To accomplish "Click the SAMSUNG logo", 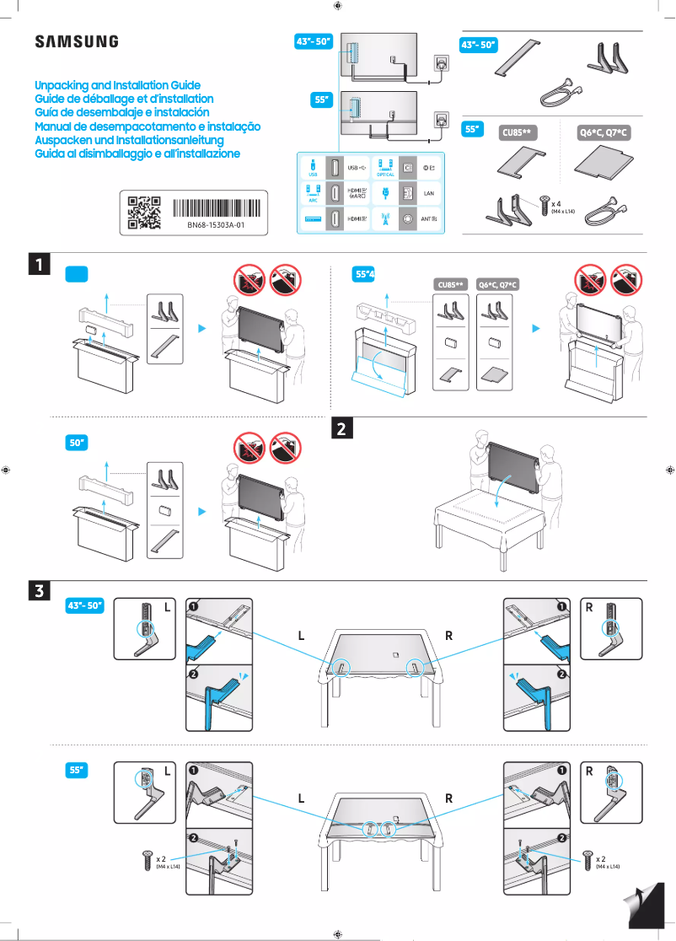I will [x=76, y=42].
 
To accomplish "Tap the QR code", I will [x=143, y=212].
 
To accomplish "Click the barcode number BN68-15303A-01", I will [x=216, y=226].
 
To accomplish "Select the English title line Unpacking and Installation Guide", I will [x=117, y=86].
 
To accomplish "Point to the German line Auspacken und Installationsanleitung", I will [x=128, y=140].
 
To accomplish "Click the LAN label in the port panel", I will [x=428, y=193].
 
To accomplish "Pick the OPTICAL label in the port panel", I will [x=385, y=175].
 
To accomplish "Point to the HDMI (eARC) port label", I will [x=357, y=193].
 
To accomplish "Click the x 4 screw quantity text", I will [x=557, y=203].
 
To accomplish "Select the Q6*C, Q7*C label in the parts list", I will [x=604, y=132].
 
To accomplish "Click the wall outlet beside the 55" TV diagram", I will [x=441, y=121].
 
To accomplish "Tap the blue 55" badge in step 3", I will [x=78, y=770].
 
